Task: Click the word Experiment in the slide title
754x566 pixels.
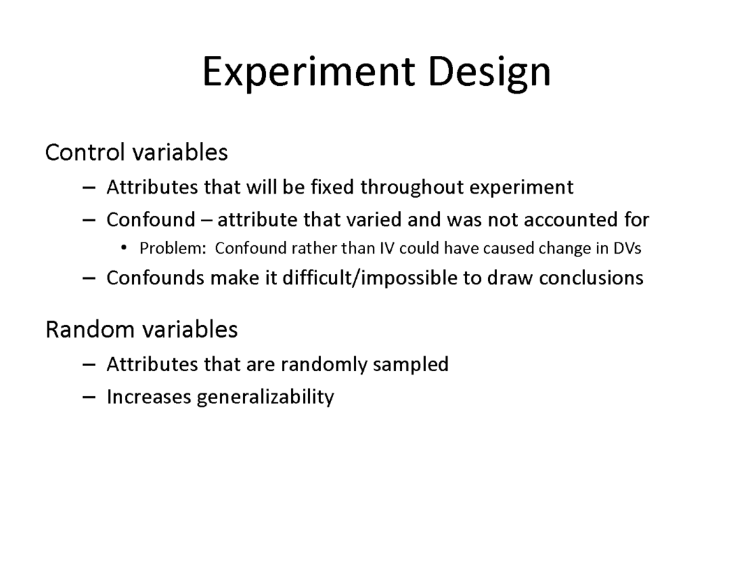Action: [309, 72]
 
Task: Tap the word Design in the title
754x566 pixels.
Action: [489, 72]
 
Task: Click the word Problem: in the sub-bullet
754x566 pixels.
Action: [172, 248]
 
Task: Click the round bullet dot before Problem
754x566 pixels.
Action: [124, 248]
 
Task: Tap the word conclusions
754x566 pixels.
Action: [591, 278]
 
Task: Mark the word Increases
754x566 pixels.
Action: [149, 397]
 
